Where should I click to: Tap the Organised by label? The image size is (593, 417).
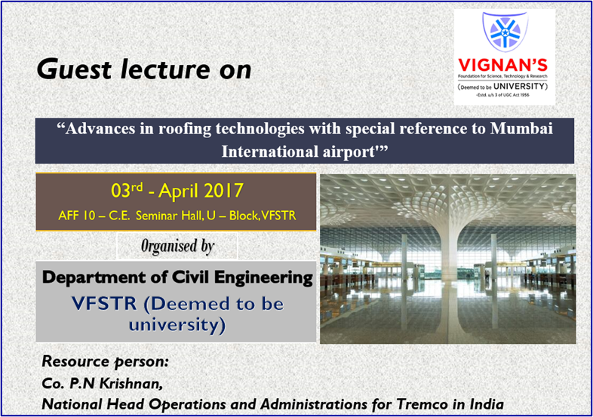coord(177,246)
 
